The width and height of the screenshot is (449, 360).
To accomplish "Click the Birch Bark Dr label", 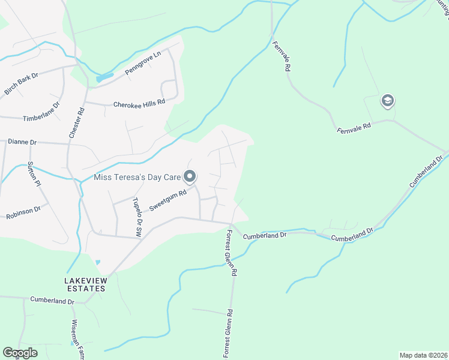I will pos(22,84).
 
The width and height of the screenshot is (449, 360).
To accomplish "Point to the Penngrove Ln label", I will pos(143,63).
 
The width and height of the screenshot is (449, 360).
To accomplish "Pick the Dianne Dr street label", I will pos(22,142).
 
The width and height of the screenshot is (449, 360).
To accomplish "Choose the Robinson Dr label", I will pos(23,212).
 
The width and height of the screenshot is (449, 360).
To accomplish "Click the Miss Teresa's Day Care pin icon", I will pos(190,176).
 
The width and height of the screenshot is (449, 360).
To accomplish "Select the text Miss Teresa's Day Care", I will pos(137,177).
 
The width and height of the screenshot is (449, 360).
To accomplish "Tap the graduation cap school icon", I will pos(387,101).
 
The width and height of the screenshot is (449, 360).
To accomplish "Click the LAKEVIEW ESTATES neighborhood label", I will pos(85,284).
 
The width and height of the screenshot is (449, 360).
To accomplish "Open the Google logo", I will pos(20,353).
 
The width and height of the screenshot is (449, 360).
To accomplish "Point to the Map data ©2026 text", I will pos(424,355).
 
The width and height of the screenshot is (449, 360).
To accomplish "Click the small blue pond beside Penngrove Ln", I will pos(103,78).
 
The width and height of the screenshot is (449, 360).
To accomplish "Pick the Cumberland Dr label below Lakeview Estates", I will pos(52,300).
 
